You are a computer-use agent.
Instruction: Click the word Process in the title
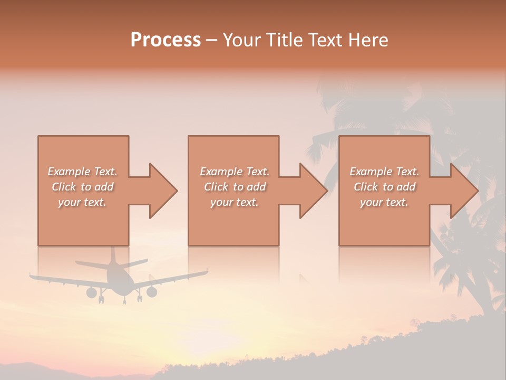click(x=166, y=40)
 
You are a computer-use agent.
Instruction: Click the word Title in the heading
click(x=282, y=40)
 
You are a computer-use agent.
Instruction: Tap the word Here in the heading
click(x=367, y=40)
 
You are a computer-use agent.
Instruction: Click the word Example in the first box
click(x=69, y=172)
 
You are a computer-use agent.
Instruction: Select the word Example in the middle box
click(x=221, y=172)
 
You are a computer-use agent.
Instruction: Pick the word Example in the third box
click(x=371, y=172)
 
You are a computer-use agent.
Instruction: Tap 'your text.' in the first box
click(x=82, y=202)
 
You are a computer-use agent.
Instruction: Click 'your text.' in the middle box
click(x=234, y=202)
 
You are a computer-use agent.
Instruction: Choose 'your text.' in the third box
click(x=384, y=202)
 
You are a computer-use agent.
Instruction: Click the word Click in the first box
click(x=64, y=187)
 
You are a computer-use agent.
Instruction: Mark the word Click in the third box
click(x=366, y=187)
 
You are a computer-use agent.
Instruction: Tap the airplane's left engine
click(x=92, y=292)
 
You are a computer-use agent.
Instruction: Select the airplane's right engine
click(x=152, y=292)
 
